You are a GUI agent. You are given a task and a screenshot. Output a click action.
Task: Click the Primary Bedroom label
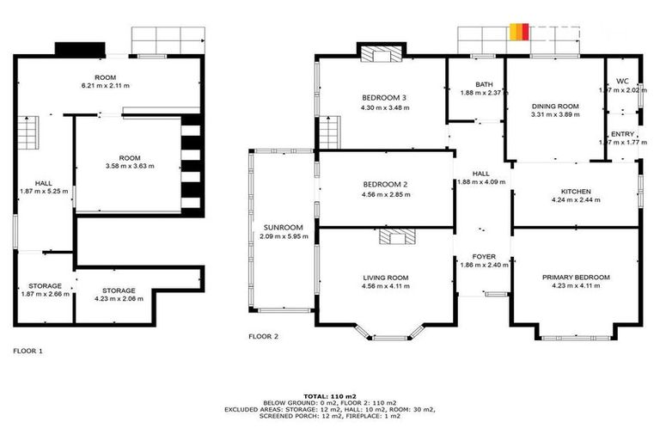575,277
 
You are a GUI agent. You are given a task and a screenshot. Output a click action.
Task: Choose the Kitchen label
575,191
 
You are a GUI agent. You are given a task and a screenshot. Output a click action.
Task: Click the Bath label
485,84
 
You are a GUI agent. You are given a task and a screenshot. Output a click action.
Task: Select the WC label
622,81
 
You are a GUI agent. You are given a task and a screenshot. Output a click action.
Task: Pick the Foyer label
484,256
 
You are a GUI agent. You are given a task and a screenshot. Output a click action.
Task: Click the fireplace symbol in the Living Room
398,238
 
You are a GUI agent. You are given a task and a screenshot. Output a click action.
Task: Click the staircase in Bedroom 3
330,131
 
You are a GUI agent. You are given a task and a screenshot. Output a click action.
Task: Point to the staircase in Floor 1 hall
29,132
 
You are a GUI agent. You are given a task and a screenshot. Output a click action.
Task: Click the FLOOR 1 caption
28,351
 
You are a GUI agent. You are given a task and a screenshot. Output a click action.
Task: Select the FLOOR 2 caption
264,337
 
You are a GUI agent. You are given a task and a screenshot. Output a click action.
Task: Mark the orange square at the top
517,32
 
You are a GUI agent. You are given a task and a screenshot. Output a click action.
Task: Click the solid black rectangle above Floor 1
81,49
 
